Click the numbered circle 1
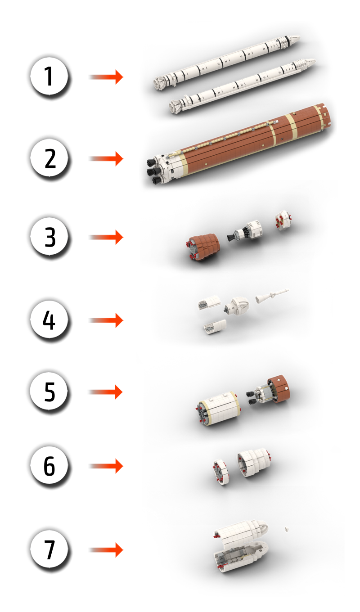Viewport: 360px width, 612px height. (x=49, y=76)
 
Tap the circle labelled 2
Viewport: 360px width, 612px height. (x=49, y=158)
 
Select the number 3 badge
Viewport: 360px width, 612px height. (x=49, y=237)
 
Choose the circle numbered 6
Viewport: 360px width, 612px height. (x=49, y=466)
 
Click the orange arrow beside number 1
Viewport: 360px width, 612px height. (x=106, y=77)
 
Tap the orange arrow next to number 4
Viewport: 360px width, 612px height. (x=106, y=320)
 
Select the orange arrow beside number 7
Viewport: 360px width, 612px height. (x=106, y=550)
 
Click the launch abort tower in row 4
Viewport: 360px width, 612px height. (x=272, y=296)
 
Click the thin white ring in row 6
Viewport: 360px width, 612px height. (x=221, y=472)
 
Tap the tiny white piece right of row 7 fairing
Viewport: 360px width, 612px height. (x=287, y=529)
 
